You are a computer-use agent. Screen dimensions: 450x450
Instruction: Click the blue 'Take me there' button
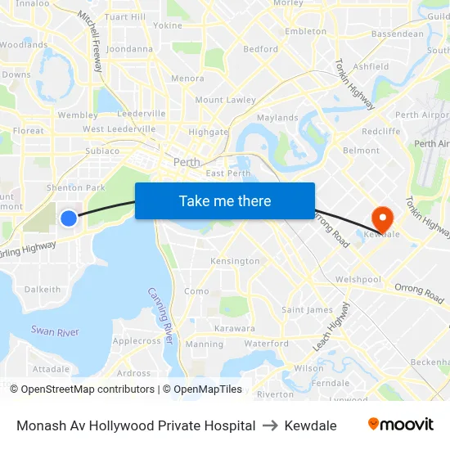[225, 200]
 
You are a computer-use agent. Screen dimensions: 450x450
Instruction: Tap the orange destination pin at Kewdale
[382, 218]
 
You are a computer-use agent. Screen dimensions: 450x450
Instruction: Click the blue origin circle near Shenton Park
[69, 218]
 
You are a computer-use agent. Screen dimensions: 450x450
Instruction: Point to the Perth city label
[187, 162]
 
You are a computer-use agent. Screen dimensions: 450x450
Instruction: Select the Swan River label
[55, 331]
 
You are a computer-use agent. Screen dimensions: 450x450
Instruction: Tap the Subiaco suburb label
[102, 151]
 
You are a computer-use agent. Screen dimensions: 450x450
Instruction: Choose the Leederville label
[142, 114]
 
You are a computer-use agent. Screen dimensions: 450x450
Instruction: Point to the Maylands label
[277, 118]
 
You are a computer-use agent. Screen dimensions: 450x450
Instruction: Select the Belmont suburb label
[361, 151]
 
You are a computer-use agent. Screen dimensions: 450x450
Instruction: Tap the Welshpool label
[358, 279]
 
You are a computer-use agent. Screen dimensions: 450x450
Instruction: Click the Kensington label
[235, 261]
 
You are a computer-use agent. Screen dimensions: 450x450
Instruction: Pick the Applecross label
[137, 340]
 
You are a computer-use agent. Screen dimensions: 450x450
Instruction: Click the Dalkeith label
[43, 289]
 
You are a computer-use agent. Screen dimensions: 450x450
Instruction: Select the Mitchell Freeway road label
[90, 40]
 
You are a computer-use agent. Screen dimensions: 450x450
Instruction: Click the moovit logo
[401, 425]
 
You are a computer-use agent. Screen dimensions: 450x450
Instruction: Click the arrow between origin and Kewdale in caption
[270, 425]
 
